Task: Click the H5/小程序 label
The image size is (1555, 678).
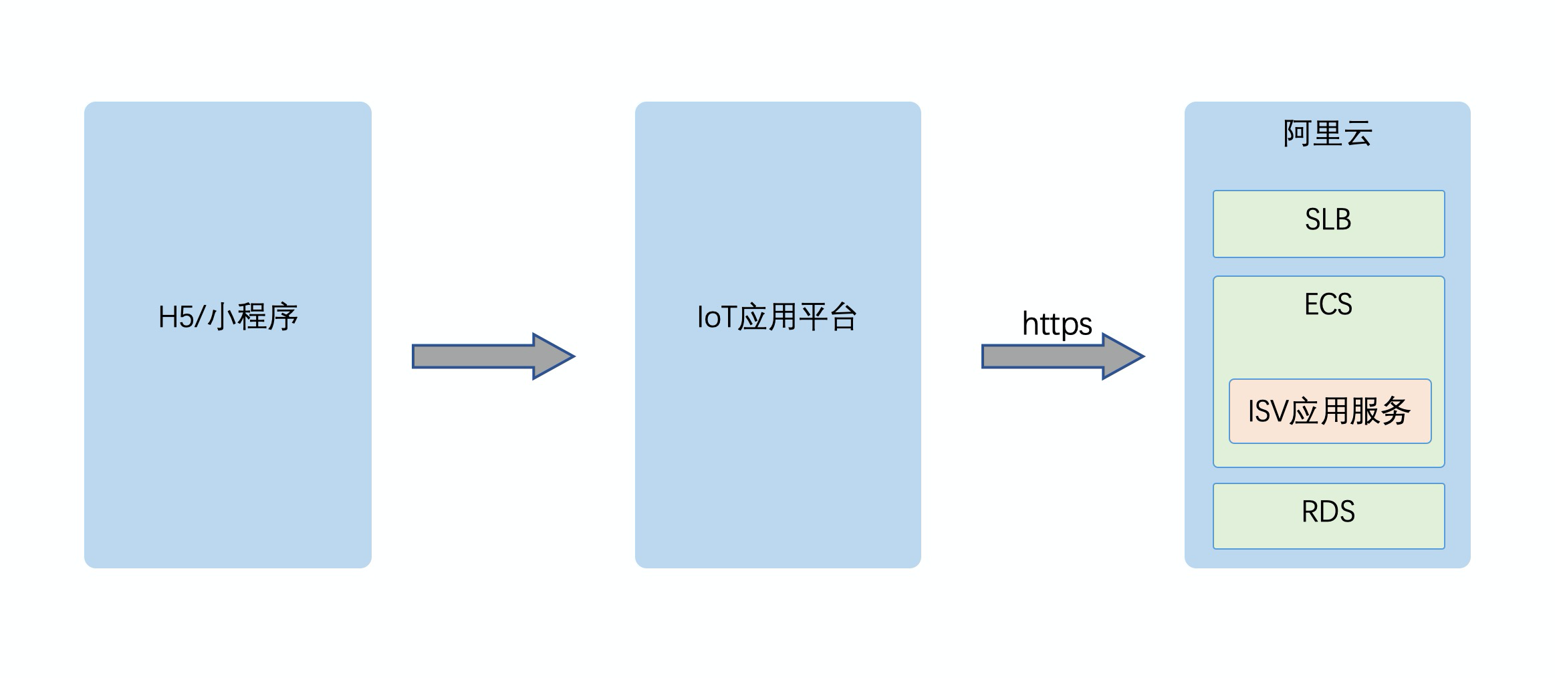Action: (x=228, y=317)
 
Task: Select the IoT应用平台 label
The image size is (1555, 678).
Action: (x=777, y=317)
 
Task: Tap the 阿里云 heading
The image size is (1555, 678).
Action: (x=1328, y=133)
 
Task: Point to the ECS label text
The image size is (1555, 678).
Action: (x=1328, y=304)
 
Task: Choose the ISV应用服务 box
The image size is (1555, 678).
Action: (x=1330, y=411)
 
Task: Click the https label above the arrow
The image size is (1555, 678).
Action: (x=1057, y=324)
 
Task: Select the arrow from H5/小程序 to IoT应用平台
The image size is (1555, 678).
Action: (x=481, y=356)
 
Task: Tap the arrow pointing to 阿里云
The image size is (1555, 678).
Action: (x=1050, y=356)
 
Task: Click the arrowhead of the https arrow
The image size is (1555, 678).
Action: (x=1121, y=356)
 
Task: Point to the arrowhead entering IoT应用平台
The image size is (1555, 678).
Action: (x=552, y=356)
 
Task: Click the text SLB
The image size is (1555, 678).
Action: (x=1328, y=219)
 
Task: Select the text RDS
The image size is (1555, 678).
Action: (x=1328, y=512)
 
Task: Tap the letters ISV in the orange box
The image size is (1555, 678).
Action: (x=1268, y=411)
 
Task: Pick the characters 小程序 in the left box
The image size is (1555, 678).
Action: (x=253, y=317)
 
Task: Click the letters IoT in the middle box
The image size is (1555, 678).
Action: (x=716, y=317)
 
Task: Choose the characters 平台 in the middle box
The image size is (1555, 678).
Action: (x=828, y=317)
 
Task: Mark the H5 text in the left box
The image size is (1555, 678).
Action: (x=175, y=317)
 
